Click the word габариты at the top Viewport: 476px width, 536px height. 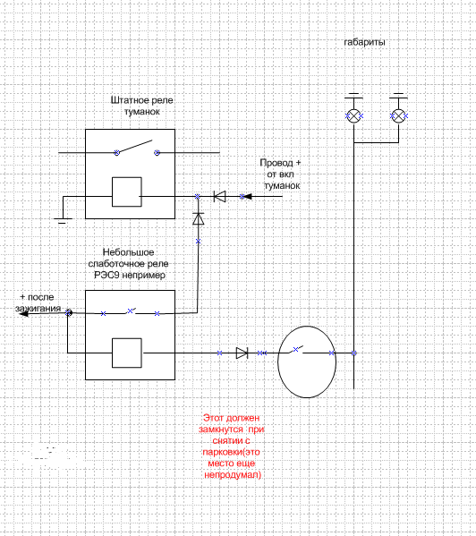364,42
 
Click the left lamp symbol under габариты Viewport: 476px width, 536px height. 354,116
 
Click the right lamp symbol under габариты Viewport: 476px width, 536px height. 398,116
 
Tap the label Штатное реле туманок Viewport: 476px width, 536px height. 141,106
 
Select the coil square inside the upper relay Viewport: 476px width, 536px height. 127,191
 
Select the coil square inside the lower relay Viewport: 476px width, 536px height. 127,353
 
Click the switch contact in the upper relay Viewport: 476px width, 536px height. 137,148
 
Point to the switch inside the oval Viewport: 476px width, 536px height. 296,350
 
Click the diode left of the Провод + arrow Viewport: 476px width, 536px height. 219,197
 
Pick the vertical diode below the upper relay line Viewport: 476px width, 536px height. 199,218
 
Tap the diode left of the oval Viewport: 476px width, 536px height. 242,353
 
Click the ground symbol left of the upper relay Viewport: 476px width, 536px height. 63,221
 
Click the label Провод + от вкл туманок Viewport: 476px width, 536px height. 281,174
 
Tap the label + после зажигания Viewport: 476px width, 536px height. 38,302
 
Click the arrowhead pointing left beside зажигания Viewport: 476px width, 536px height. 23,313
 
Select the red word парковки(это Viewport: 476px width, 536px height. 232,452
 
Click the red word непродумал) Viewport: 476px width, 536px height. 233,475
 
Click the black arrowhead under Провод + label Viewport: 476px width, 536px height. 248,197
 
